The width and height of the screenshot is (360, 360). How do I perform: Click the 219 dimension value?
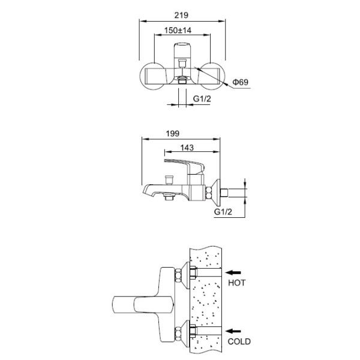pyautogui.click(x=181, y=16)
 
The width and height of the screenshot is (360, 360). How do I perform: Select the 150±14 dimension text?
pyautogui.click(x=178, y=31)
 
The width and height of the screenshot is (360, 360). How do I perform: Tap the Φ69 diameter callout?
pyautogui.click(x=241, y=82)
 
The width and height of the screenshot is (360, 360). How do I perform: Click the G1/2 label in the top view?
pyautogui.click(x=202, y=99)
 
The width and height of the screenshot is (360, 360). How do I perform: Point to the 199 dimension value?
pyautogui.click(x=172, y=133)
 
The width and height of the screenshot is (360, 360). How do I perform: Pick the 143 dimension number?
pyautogui.click(x=187, y=148)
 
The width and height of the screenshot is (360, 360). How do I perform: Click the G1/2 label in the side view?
pyautogui.click(x=223, y=212)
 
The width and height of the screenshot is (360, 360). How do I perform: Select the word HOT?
pyautogui.click(x=237, y=283)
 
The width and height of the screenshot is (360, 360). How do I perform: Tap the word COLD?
pyautogui.click(x=239, y=341)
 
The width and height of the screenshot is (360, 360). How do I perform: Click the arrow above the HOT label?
pyautogui.click(x=233, y=272)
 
